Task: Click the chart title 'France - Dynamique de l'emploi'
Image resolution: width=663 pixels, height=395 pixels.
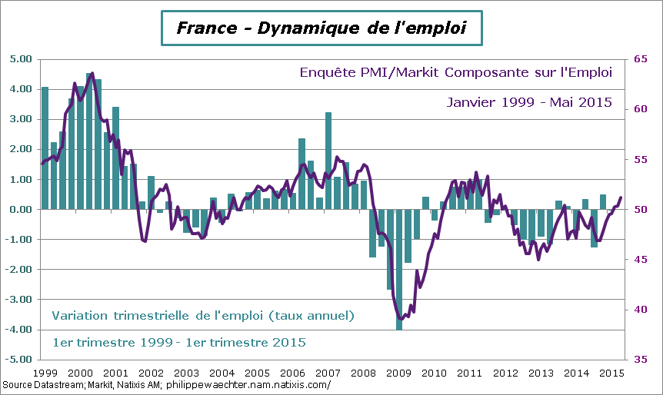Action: [x=321, y=29]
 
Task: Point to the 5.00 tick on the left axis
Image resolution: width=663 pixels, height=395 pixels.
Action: [x=20, y=59]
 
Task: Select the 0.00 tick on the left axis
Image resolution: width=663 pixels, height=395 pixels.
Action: [x=20, y=209]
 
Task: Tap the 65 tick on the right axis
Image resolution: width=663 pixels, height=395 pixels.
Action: [x=640, y=59]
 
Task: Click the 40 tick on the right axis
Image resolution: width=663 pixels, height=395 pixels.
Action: [x=640, y=310]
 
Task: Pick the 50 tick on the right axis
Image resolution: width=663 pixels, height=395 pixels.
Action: [x=640, y=210]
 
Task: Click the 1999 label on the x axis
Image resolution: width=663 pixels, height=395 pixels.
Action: [x=44, y=373]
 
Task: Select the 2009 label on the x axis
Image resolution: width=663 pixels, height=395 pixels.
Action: [x=398, y=373]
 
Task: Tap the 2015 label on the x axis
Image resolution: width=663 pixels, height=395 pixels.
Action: [x=611, y=373]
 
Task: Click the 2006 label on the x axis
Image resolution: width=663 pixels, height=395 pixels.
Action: [x=292, y=373]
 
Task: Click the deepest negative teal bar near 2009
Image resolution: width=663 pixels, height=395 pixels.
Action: [x=399, y=269]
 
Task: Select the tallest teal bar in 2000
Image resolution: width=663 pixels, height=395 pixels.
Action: [x=89, y=142]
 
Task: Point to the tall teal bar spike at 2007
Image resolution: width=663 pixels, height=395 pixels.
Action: [x=328, y=161]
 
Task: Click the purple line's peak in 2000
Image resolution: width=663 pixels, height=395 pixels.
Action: [x=92, y=74]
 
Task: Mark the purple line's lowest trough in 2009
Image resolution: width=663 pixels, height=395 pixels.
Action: [x=400, y=318]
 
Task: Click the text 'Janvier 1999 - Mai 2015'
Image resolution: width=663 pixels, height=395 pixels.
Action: [x=529, y=102]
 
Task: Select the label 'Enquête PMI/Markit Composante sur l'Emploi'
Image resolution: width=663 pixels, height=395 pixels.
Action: [x=455, y=73]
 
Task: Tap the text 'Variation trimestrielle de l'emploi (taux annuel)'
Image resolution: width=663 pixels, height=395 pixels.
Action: [x=204, y=315]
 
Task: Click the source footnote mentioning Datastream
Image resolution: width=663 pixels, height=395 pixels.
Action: [x=166, y=385]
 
